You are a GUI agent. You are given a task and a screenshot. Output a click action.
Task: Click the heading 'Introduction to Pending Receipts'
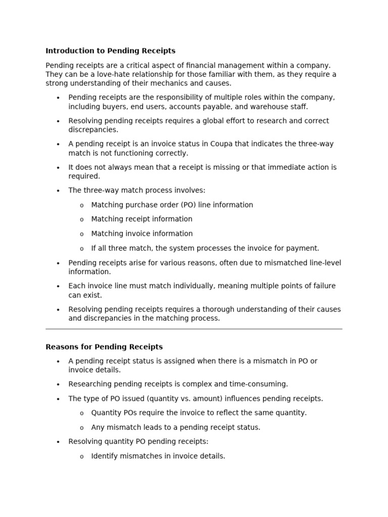pos(110,51)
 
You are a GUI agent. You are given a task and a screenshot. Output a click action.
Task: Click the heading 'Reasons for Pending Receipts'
pos(104,347)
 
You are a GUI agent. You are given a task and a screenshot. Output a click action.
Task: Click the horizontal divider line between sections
pos(194,329)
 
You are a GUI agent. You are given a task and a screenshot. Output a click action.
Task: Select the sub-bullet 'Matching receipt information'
pos(141,219)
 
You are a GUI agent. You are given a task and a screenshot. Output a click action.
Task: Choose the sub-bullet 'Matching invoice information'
pos(142,234)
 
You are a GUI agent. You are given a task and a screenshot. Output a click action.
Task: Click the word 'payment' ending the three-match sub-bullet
pos(304,248)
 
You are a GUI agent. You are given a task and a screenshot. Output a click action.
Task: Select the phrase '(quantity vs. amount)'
pos(184,399)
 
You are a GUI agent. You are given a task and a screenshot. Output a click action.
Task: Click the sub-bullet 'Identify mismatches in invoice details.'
pos(158,456)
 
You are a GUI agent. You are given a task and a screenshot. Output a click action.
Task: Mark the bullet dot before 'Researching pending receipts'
pos(58,385)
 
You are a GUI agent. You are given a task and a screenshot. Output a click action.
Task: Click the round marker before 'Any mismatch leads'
pos(82,428)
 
